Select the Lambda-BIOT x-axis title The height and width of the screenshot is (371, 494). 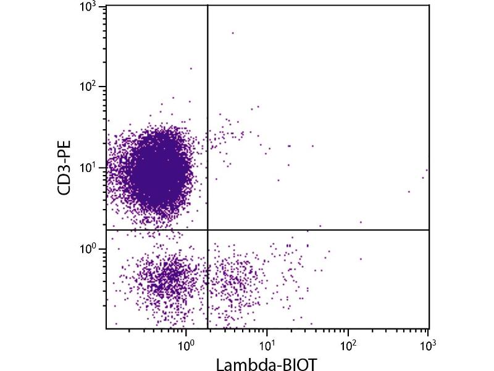267,363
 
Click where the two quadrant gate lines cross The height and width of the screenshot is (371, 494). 207,230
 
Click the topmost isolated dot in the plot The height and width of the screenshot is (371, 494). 233,33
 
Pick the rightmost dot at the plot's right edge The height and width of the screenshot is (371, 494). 427,170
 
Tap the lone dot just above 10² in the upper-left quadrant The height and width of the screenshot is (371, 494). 191,69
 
